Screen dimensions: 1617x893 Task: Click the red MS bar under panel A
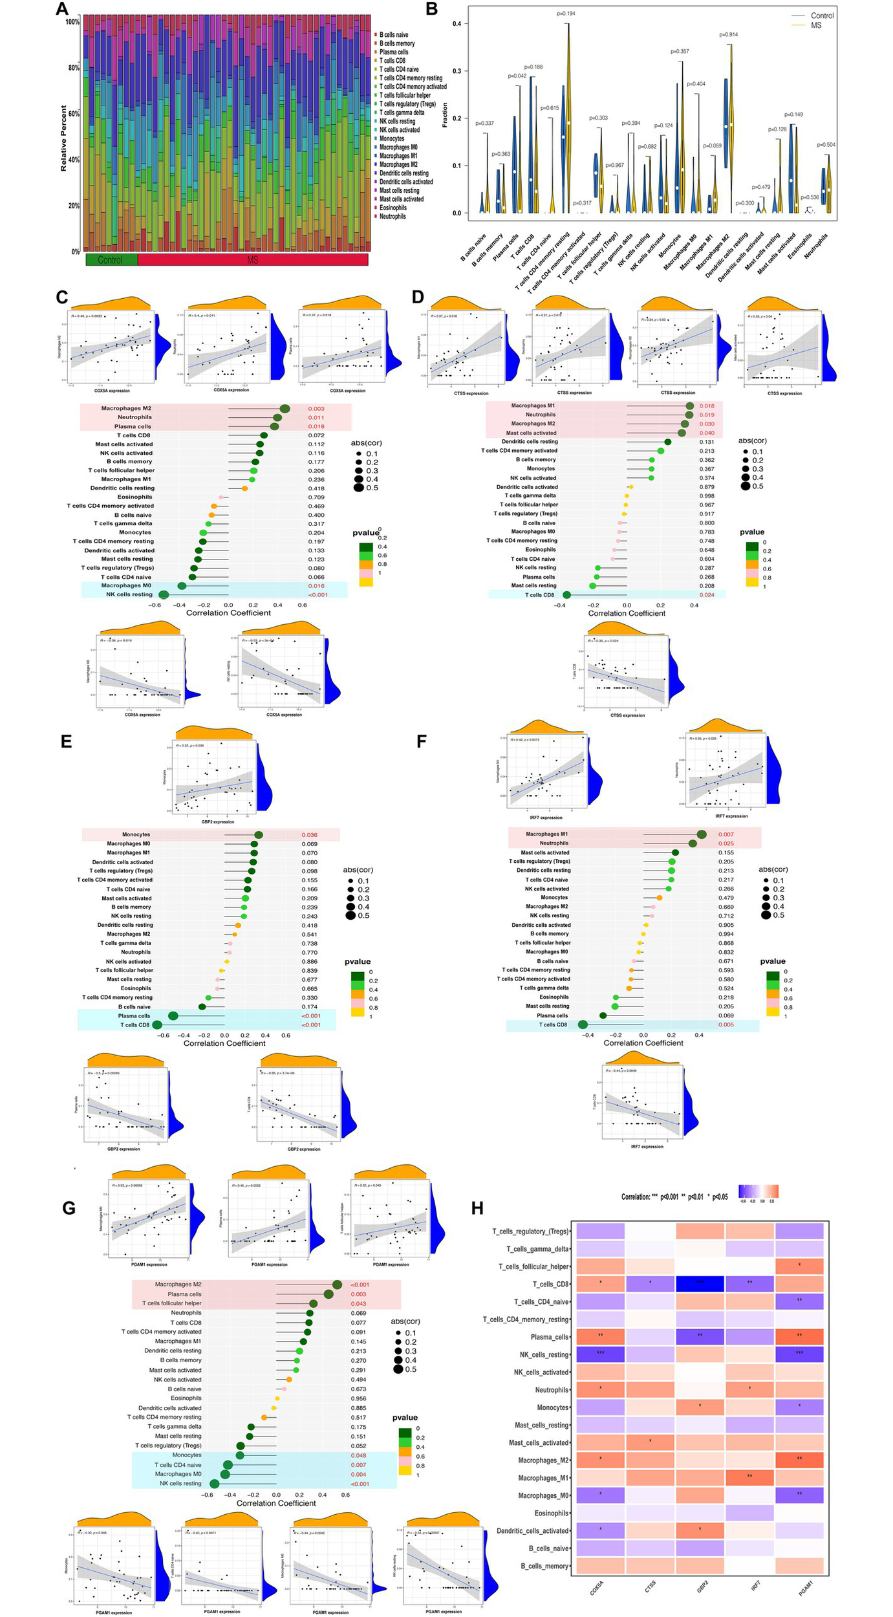click(253, 259)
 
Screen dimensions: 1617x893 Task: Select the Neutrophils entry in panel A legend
click(393, 217)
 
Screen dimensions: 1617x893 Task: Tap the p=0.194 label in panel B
click(566, 13)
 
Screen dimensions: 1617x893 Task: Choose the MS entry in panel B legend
click(816, 25)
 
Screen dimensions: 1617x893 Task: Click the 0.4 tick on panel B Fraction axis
click(457, 24)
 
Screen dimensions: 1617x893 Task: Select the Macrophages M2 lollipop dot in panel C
click(285, 408)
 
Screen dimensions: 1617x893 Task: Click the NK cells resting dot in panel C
click(164, 594)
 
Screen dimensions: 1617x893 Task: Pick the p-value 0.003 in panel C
click(316, 409)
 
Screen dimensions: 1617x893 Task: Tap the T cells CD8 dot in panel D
click(567, 594)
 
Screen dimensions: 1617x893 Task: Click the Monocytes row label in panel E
click(136, 834)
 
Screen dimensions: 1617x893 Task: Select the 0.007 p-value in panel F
click(726, 834)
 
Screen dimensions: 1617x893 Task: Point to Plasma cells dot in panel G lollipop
click(328, 1294)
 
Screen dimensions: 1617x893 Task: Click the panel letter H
click(477, 1208)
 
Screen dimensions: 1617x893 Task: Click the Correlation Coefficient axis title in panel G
click(276, 1503)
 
